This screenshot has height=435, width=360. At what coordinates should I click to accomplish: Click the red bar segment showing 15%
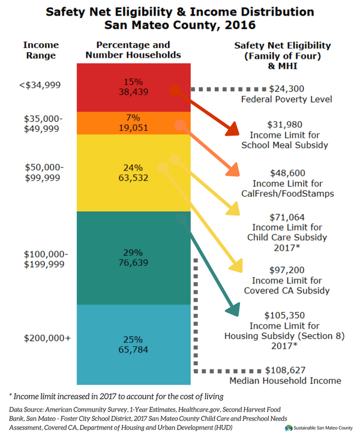pos(133,88)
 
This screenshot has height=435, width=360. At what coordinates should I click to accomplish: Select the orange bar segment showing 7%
pos(133,122)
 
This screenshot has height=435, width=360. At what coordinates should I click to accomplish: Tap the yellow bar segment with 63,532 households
pos(133,172)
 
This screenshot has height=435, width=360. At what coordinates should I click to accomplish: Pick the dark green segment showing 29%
pos(133,257)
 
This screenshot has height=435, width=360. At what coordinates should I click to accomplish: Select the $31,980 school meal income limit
pos(285,125)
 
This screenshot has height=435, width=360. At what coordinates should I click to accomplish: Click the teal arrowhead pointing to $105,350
pos(233,311)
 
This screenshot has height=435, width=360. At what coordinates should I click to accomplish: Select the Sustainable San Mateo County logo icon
pos(289,427)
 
